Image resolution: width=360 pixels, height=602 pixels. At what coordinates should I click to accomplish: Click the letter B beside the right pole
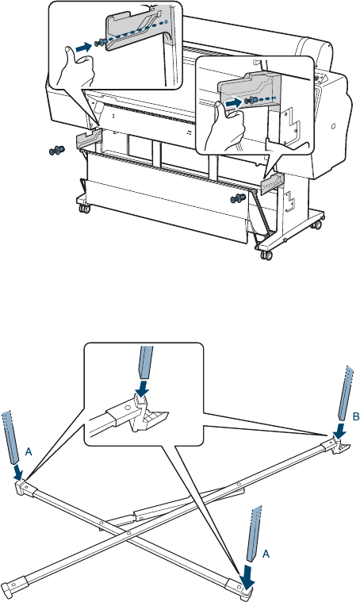[x=356, y=416]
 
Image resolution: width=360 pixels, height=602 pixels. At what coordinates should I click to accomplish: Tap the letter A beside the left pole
[x=29, y=453]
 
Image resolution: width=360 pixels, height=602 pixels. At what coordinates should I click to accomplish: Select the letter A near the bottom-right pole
[x=266, y=554]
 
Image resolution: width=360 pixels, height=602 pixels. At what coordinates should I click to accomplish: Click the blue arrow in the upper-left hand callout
[x=84, y=48]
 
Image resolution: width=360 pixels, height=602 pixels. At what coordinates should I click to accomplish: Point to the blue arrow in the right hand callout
[x=233, y=103]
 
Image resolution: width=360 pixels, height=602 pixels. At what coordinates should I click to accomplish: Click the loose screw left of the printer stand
[x=57, y=150]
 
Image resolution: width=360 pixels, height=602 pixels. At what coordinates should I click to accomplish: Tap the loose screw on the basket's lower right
[x=238, y=199]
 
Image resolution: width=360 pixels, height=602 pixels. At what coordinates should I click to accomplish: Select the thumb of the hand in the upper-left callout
[x=69, y=58]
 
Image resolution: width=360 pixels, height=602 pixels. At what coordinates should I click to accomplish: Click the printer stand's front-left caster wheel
[x=83, y=209]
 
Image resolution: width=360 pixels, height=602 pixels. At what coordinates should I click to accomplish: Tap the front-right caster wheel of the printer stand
[x=266, y=255]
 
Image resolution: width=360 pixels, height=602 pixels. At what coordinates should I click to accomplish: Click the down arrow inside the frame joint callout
[x=143, y=388]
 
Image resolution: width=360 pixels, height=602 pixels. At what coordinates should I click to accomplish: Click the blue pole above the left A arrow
[x=10, y=437]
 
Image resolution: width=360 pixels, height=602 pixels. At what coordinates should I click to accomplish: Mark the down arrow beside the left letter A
[x=17, y=471]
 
